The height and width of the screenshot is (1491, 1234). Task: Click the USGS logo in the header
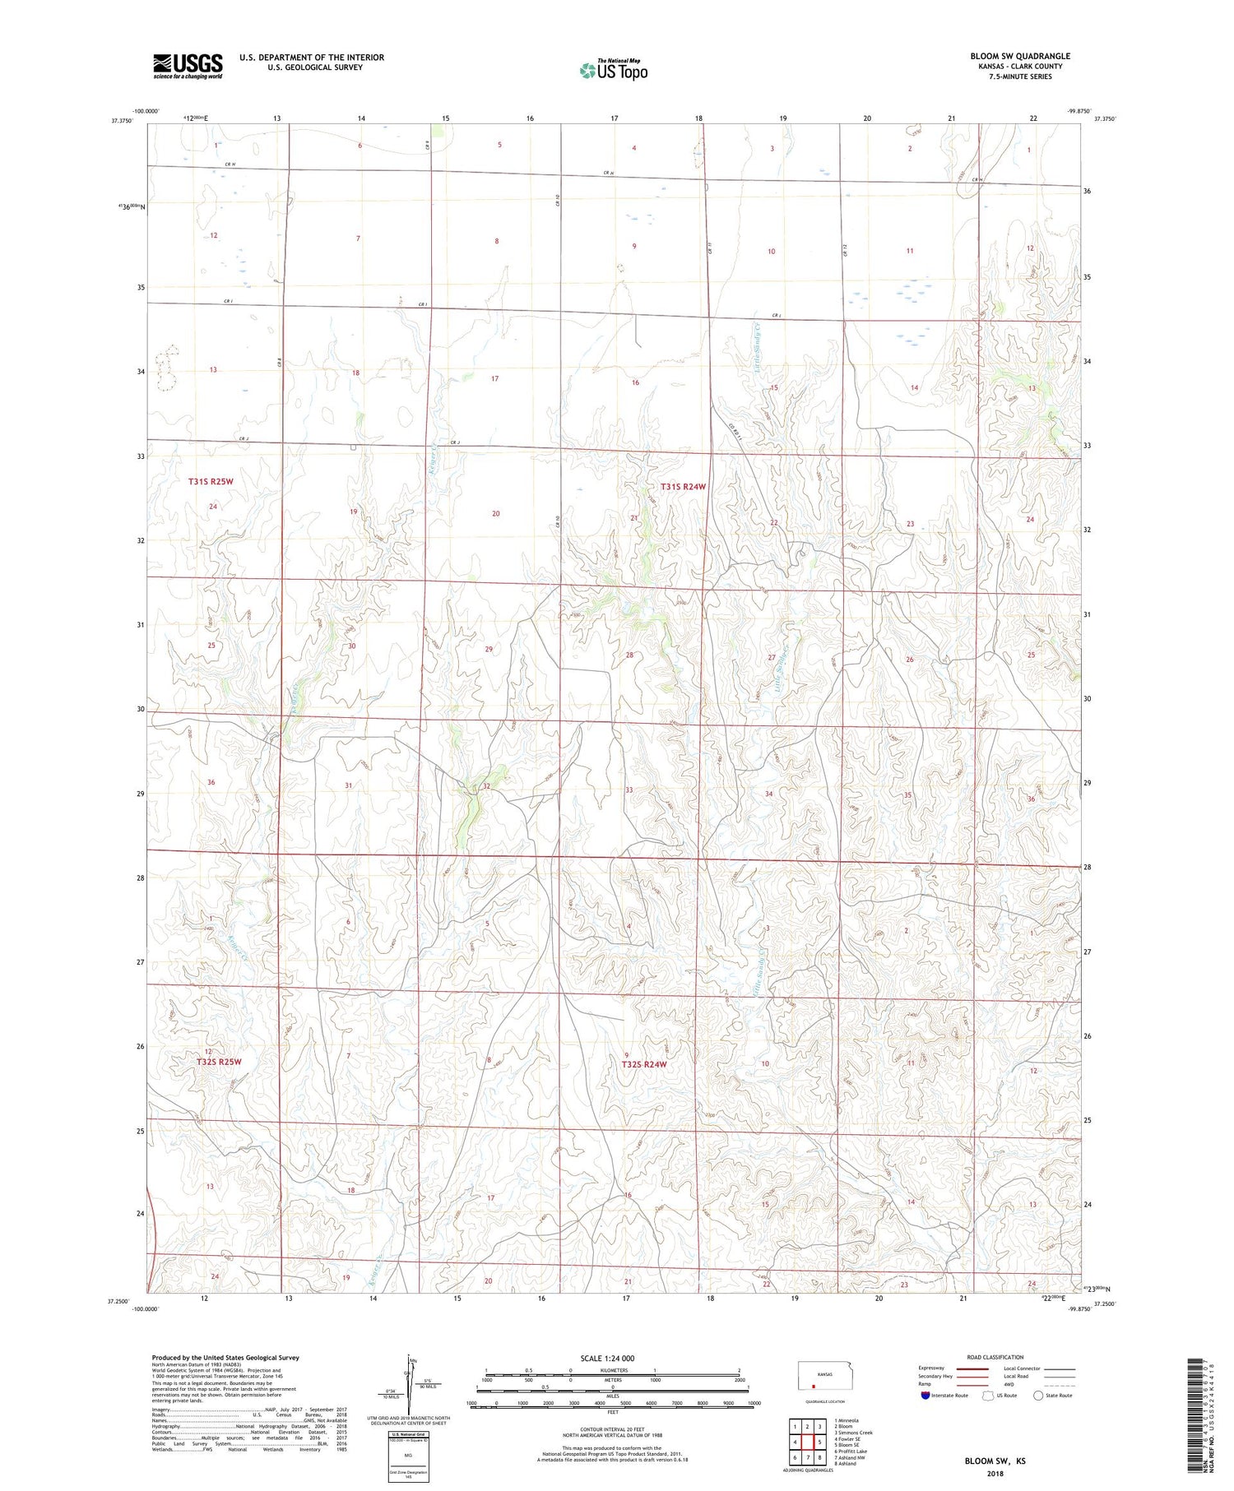coord(188,66)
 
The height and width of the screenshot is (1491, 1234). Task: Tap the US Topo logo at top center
coord(613,70)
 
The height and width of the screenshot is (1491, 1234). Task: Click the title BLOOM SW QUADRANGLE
coord(1019,56)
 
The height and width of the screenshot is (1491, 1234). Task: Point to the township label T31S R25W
coord(211,481)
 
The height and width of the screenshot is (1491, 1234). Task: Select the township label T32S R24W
coord(643,1064)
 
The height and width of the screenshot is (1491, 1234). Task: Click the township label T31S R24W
coord(683,487)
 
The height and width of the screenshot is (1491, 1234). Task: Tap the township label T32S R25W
coord(220,1062)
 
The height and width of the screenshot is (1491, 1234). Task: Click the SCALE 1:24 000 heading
coord(607,1358)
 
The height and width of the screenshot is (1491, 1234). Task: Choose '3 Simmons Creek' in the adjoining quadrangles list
coord(853,1433)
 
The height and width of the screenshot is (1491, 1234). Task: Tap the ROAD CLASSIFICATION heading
coord(995,1357)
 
